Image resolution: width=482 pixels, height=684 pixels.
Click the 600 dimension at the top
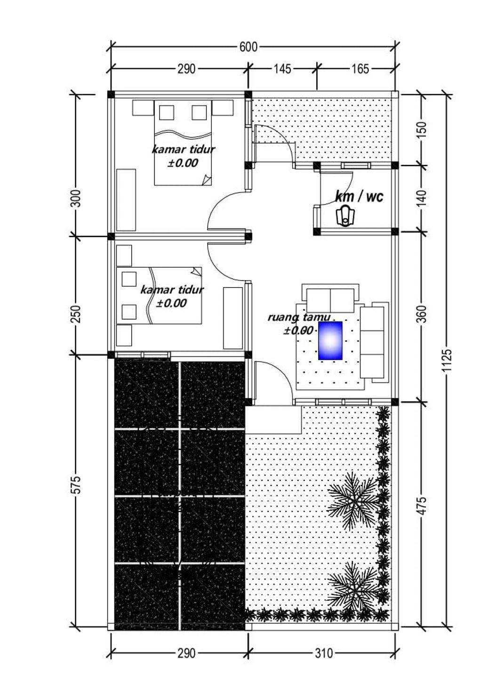pyautogui.click(x=248, y=48)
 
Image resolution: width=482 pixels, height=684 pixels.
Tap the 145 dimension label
pyautogui.click(x=282, y=69)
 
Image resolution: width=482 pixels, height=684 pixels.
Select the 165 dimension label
pyautogui.click(x=360, y=69)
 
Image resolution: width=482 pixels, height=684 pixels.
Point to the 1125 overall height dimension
pyautogui.click(x=448, y=360)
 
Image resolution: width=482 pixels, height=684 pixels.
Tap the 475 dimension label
pyautogui.click(x=423, y=506)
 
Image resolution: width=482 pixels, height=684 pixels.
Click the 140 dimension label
pyautogui.click(x=423, y=198)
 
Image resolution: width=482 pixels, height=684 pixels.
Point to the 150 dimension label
pyautogui.click(x=423, y=130)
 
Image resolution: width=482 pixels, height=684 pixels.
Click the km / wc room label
pyautogui.click(x=359, y=196)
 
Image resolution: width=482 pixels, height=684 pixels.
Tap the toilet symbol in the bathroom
pyautogui.click(x=346, y=217)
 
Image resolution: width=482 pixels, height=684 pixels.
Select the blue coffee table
pyautogui.click(x=330, y=340)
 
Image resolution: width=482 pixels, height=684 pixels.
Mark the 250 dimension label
pyautogui.click(x=76, y=314)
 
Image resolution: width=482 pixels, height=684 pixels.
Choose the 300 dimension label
pyautogui.click(x=76, y=198)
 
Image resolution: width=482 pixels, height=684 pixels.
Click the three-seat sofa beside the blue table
pyautogui.click(x=374, y=342)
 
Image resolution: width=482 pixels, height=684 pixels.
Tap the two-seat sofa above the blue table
pyautogui.click(x=330, y=298)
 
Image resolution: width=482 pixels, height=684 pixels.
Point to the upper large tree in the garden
pyautogui.click(x=354, y=501)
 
